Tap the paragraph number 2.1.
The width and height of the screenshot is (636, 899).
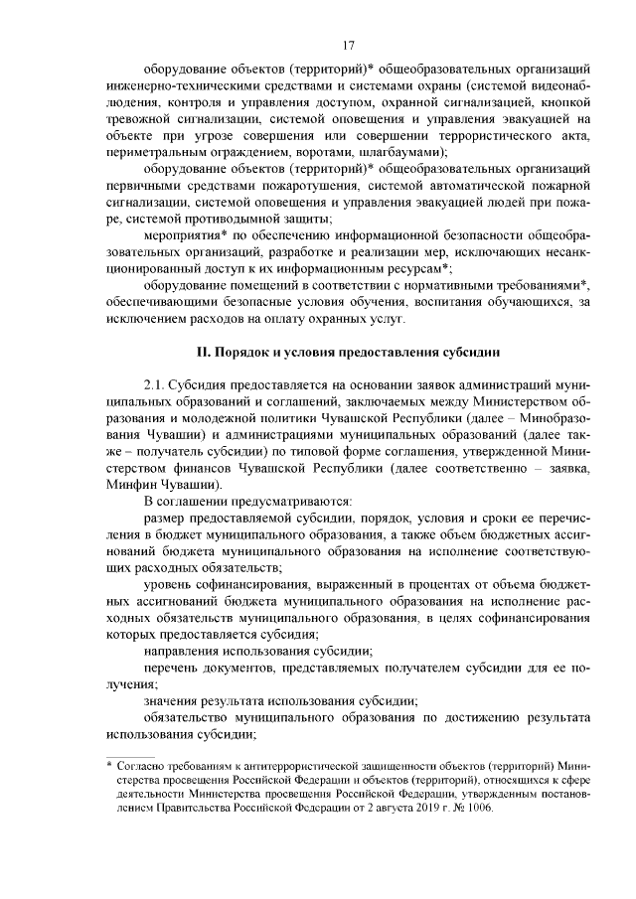pyautogui.click(x=154, y=383)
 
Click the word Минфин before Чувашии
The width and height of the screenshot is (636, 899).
pyautogui.click(x=130, y=484)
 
